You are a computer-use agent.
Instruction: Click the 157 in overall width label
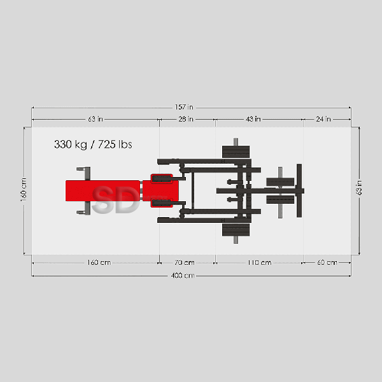(x=184, y=107)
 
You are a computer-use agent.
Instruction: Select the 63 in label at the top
(x=95, y=119)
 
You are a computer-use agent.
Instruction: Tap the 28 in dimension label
(x=186, y=119)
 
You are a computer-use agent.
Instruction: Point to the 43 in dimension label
(x=253, y=119)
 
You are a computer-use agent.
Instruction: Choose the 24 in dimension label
(x=323, y=119)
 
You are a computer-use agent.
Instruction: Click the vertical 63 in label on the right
(x=359, y=188)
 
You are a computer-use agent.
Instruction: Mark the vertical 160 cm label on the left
(x=24, y=190)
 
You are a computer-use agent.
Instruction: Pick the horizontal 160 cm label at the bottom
(x=99, y=262)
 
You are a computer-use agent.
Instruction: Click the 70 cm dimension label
(x=185, y=262)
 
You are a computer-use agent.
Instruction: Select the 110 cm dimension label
(x=260, y=262)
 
